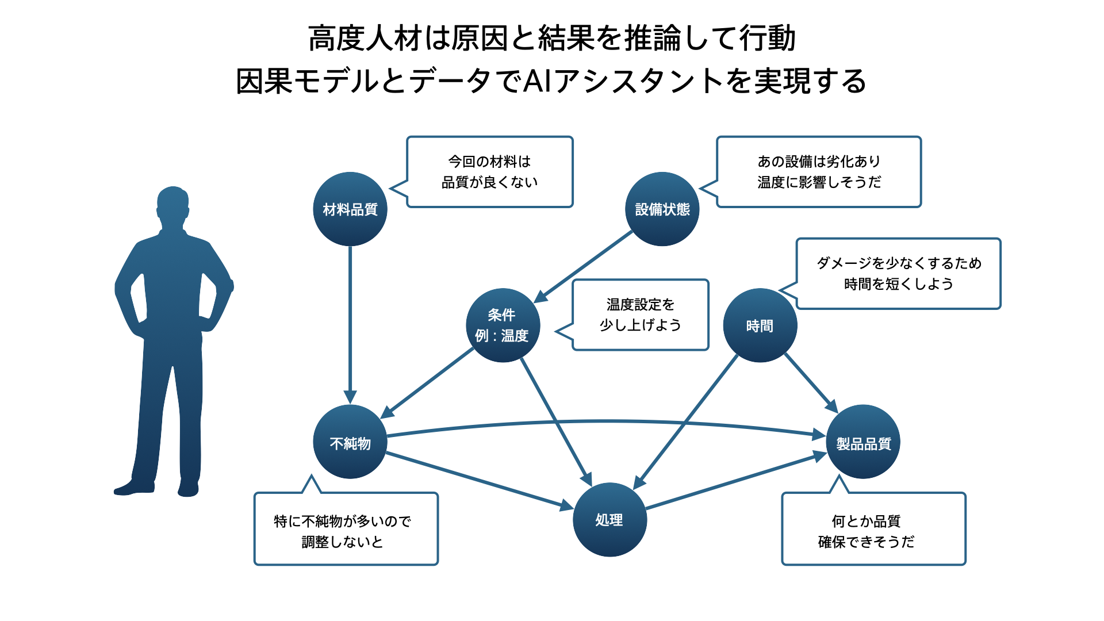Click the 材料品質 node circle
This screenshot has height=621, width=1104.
coord(350,209)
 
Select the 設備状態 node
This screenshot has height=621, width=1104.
coord(662,209)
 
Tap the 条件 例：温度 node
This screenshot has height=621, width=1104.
coord(503,325)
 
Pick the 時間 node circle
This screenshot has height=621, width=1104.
coord(760,325)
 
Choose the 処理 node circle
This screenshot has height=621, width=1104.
coord(609,519)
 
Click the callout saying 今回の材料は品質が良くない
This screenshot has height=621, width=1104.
coord(490,171)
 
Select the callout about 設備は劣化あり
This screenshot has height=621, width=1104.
coord(819,171)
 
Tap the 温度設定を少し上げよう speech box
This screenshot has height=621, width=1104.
coord(641,315)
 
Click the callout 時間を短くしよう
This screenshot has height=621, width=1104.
coord(898,273)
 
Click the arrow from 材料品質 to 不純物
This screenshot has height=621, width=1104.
coord(350,322)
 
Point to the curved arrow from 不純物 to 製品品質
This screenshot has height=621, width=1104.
coord(604,421)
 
